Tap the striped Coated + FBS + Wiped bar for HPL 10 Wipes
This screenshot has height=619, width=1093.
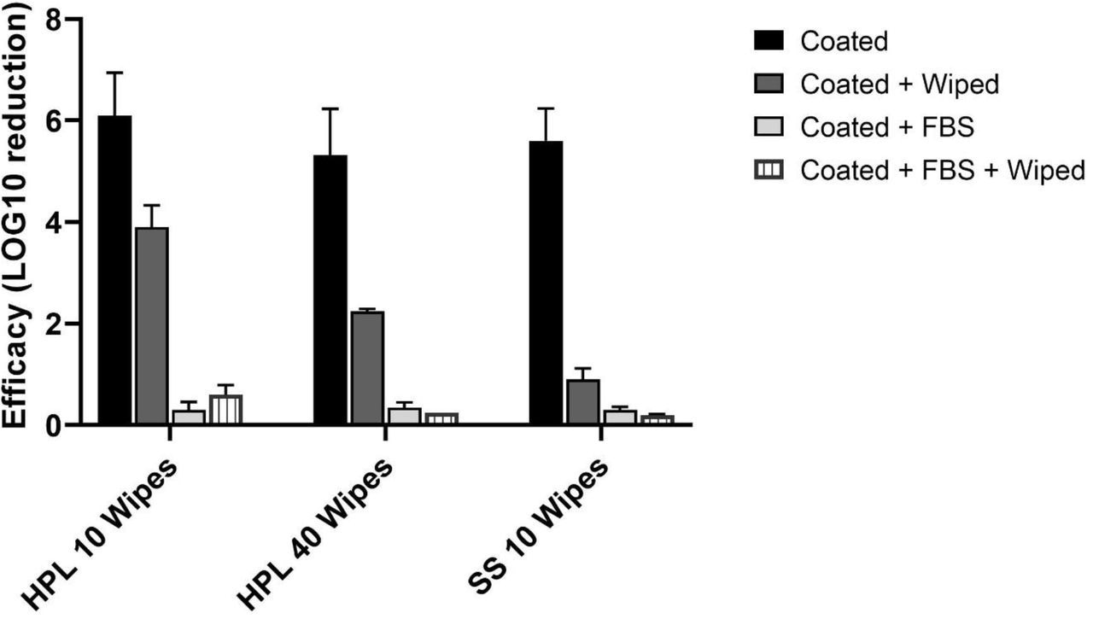(225, 410)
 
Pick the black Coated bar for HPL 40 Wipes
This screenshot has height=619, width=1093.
(330, 289)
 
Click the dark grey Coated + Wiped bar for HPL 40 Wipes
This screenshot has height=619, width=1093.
(367, 368)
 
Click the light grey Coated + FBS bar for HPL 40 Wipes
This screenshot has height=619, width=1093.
(404, 416)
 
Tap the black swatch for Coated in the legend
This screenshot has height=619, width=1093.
(771, 40)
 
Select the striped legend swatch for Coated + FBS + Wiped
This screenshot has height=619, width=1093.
(771, 170)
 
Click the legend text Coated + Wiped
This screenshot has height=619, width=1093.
(900, 84)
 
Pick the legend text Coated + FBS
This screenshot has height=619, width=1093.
(888, 126)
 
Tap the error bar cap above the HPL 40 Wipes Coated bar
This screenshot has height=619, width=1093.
(330, 108)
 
